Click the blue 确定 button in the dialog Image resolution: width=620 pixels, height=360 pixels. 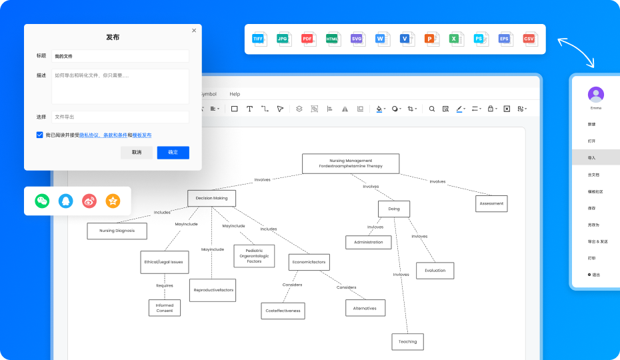173,153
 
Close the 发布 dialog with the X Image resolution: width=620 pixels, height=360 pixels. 194,31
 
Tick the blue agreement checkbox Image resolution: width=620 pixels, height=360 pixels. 40,135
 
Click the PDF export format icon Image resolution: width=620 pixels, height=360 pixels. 307,39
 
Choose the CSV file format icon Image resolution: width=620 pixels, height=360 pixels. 529,39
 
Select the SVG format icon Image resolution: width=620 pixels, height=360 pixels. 357,39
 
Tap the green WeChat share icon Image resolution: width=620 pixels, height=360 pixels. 43,200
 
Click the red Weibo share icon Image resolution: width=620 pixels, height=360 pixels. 89,200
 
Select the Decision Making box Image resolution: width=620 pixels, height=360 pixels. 211,198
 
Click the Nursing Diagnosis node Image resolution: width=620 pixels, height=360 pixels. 117,231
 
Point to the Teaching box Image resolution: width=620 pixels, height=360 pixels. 407,341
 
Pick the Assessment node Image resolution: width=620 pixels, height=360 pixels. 491,203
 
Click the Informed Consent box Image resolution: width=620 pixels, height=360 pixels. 164,308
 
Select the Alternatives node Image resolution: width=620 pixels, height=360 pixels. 365,308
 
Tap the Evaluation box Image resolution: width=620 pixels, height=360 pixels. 435,271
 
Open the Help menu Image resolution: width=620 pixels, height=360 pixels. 235,94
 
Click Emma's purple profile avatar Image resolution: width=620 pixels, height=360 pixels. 595,94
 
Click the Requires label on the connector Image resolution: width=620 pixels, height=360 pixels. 165,285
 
